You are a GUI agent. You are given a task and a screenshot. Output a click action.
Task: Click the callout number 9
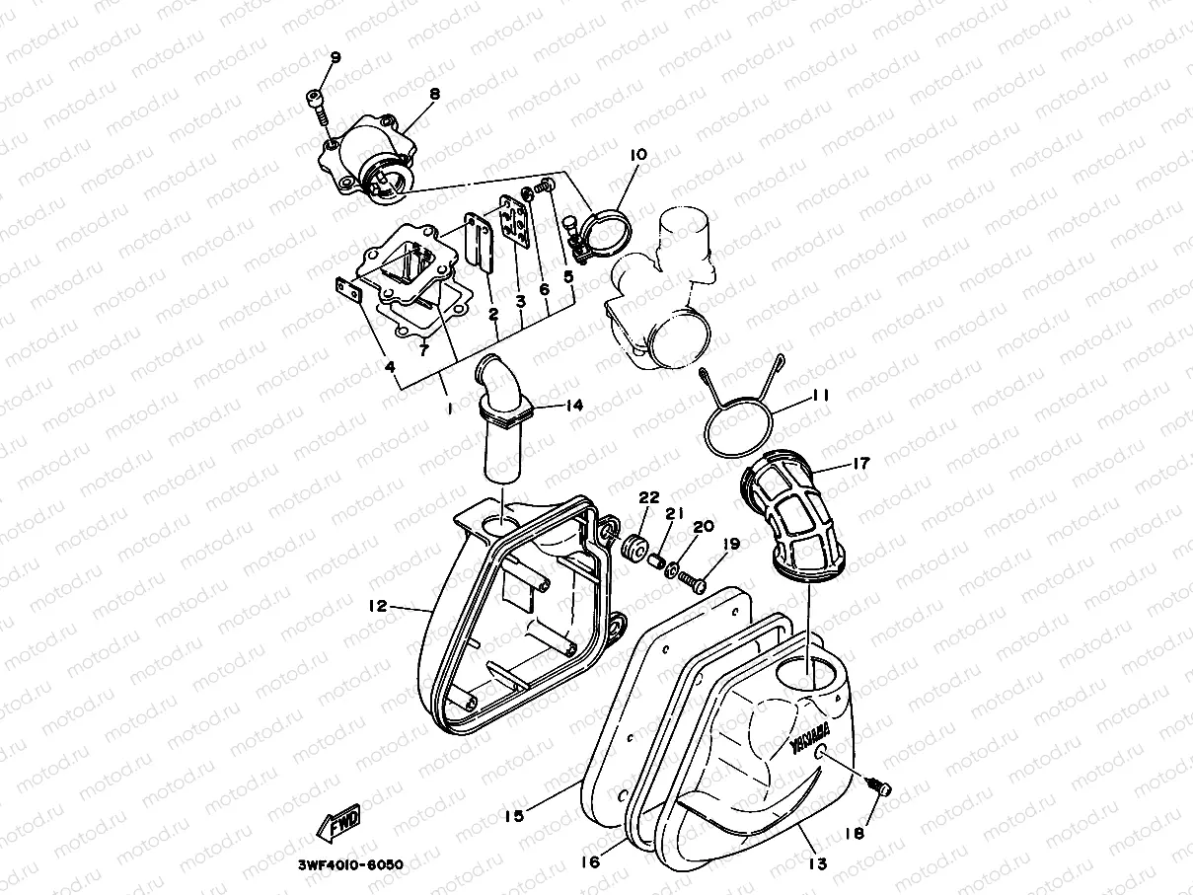[335, 57]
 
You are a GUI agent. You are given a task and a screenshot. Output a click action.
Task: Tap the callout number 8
[433, 94]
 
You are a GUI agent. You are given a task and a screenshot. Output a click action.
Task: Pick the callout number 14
[575, 405]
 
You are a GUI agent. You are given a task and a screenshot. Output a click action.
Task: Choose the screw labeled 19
[693, 582]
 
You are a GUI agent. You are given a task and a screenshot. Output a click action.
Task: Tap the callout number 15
[514, 815]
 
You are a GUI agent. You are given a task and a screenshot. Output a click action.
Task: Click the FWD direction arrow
[338, 821]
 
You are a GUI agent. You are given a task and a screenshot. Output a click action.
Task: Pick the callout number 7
[422, 348]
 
